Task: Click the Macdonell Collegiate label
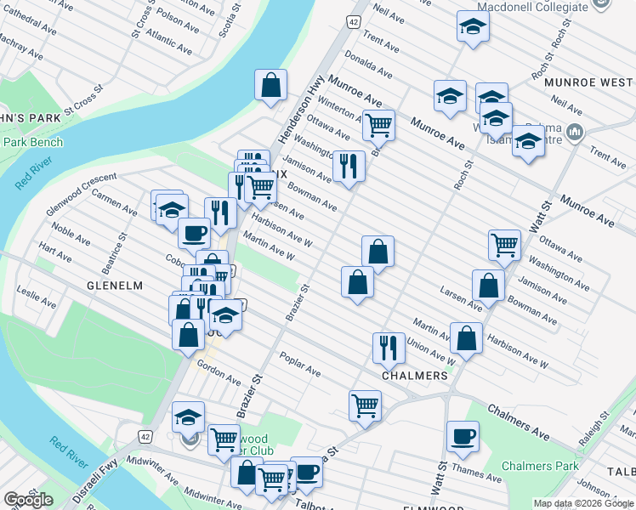pyautogui.click(x=533, y=7)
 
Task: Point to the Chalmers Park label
pyautogui.click(x=540, y=466)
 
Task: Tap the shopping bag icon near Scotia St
pyautogui.click(x=270, y=85)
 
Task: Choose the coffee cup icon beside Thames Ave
pyautogui.click(x=463, y=436)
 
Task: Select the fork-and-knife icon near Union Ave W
pyautogui.click(x=387, y=346)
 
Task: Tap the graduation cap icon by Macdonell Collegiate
pyautogui.click(x=472, y=26)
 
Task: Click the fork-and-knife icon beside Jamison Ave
pyautogui.click(x=349, y=165)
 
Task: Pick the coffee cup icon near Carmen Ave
pyautogui.click(x=193, y=232)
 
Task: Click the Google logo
pyautogui.click(x=28, y=500)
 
